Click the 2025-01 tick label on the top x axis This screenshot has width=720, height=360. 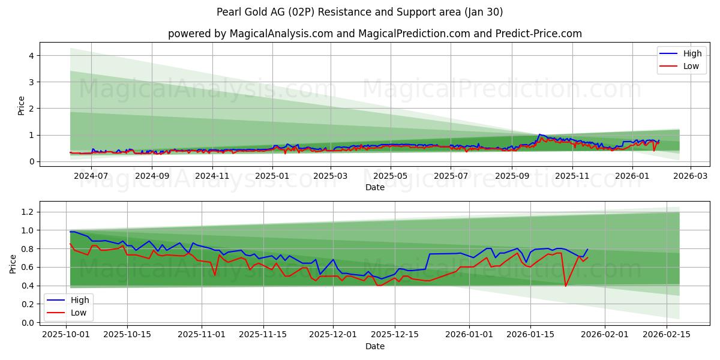click(x=272, y=176)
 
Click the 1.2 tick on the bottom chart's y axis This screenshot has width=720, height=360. click(x=28, y=212)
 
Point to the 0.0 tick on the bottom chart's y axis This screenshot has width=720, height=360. click(x=28, y=323)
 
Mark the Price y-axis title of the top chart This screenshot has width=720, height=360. click(x=22, y=106)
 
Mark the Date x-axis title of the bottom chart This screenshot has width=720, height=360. click(x=375, y=346)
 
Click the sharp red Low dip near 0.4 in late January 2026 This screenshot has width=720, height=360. click(x=565, y=286)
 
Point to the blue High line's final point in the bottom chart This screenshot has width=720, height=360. click(x=587, y=250)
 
